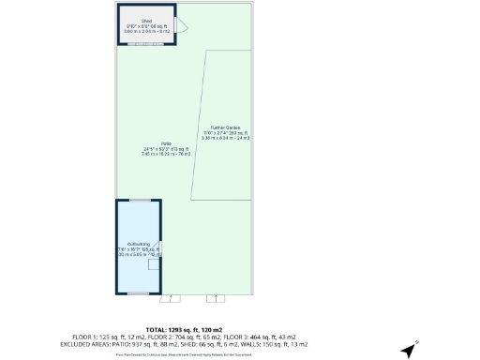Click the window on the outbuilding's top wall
(140, 200)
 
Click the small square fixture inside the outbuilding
(154, 263)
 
